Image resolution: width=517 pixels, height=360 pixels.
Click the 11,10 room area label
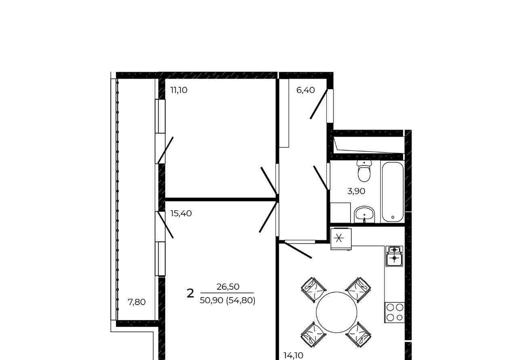179,90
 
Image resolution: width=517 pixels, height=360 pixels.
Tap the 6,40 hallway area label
305,90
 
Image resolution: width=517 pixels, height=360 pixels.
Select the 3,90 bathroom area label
356,191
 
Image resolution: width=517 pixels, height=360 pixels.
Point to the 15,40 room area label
181,213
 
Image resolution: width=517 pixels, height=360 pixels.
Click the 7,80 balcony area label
137,302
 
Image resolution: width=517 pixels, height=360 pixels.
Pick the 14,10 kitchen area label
293,356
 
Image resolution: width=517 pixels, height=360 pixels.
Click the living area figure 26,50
227,287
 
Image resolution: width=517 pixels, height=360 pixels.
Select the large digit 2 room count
190,293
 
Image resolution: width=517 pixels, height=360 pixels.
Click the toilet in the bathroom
364,171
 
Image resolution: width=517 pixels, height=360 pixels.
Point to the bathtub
393,192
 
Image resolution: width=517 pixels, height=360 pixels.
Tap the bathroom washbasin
364,214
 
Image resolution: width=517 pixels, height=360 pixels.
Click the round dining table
336,312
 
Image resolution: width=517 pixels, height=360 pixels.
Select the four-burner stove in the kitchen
395,312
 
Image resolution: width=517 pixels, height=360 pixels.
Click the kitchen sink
394,256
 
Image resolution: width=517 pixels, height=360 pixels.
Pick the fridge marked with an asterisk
341,239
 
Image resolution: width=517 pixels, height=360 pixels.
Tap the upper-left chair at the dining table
314,290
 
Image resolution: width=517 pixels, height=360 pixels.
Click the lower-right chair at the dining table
358,335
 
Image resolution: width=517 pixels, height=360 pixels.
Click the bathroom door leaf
320,178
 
